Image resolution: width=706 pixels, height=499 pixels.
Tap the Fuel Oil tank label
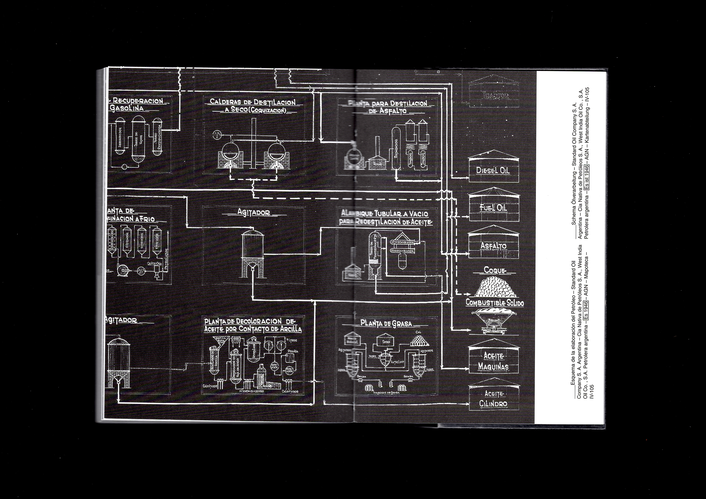[493, 208]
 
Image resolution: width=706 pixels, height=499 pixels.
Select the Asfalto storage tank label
[493, 246]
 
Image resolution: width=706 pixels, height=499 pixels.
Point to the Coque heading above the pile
[494, 270]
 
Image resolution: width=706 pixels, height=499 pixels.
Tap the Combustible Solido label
[494, 303]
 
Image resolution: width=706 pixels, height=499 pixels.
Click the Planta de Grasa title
[386, 323]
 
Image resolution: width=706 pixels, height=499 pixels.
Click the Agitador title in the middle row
[253, 212]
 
